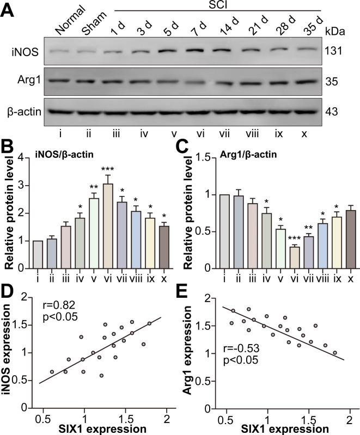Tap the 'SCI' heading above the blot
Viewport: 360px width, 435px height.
click(x=217, y=6)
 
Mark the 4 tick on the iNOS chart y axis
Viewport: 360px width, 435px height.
click(x=23, y=158)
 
